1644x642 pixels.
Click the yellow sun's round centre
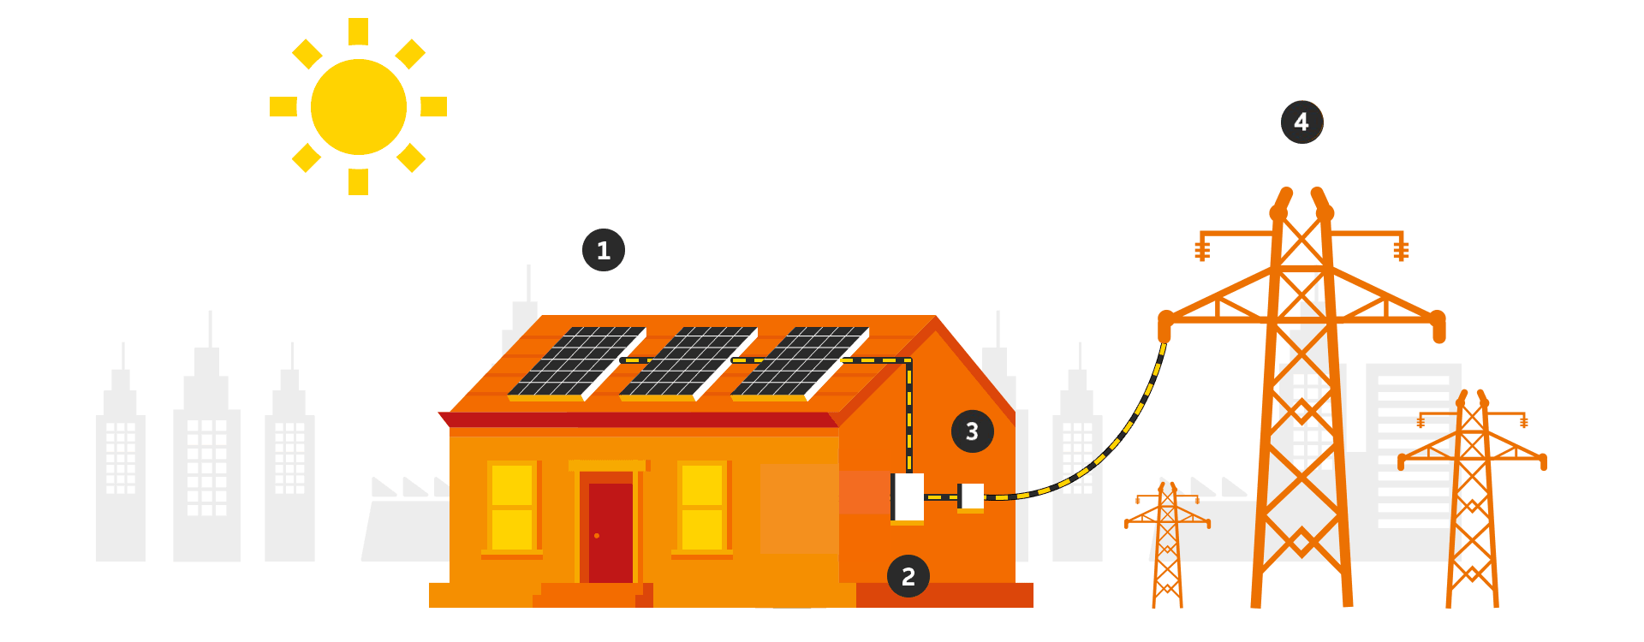click(358, 107)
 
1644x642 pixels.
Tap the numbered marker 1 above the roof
click(604, 250)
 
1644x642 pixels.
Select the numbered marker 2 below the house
click(908, 576)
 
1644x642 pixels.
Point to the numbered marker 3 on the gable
click(972, 431)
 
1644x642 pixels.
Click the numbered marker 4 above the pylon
click(1301, 122)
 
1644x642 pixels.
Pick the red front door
click(610, 531)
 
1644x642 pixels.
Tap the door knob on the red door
click(597, 536)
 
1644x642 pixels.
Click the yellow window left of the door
click(512, 507)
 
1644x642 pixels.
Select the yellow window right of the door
click(702, 507)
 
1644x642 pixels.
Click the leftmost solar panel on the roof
click(576, 363)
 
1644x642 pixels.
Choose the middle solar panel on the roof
click(688, 363)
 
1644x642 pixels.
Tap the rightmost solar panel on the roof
click(799, 363)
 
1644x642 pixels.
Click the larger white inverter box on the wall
click(908, 497)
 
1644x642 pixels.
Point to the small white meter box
click(971, 496)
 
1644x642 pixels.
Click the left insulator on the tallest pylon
click(1202, 250)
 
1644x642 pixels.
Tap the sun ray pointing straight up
click(358, 32)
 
